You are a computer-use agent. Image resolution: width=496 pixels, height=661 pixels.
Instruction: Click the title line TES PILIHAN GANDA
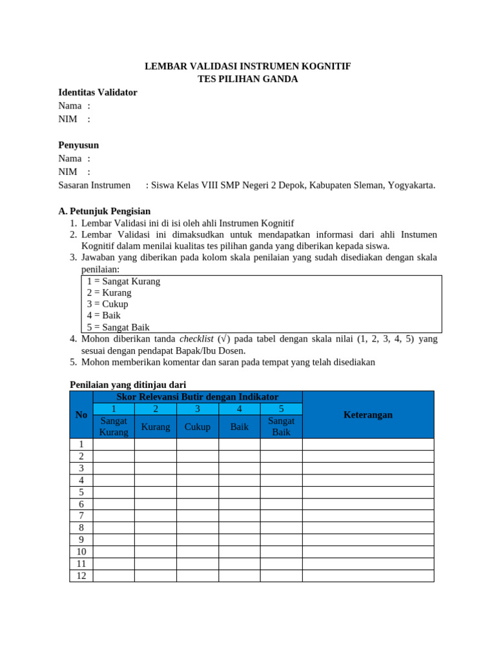pos(247,79)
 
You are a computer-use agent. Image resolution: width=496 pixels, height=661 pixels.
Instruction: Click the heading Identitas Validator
pos(98,92)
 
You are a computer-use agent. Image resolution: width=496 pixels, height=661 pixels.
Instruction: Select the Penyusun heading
pos(79,145)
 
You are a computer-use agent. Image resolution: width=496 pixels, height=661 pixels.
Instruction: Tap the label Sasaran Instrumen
pos(94,185)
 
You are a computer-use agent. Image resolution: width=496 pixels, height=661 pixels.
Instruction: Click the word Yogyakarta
pos(411,185)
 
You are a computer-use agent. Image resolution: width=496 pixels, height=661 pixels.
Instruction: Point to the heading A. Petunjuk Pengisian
pos(104,211)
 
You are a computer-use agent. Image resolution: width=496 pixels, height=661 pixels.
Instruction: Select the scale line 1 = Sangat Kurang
pos(123,281)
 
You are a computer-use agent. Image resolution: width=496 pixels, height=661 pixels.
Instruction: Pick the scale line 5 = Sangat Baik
pos(118,327)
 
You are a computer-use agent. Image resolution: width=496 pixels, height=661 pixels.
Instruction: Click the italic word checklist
pos(196,339)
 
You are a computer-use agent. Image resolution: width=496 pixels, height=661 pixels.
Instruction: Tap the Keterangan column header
pos(367,414)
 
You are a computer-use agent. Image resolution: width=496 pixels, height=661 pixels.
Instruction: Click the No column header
pos(81,414)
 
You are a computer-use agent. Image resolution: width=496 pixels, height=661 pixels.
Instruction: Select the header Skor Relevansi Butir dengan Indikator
pos(197,396)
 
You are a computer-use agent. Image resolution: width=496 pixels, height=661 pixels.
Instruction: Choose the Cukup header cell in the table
pos(198,427)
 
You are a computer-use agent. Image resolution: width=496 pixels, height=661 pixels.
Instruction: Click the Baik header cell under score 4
pos(239,427)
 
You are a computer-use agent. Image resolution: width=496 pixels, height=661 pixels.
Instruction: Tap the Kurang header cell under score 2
pos(156,427)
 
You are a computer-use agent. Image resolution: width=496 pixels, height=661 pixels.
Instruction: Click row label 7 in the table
pos(81,516)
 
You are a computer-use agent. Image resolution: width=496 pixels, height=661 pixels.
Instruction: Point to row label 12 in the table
pos(81,575)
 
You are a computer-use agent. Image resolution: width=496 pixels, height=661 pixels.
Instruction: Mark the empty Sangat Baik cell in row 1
pos(281,444)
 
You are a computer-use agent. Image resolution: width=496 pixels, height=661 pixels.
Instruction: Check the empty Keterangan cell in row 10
pos(367,551)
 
